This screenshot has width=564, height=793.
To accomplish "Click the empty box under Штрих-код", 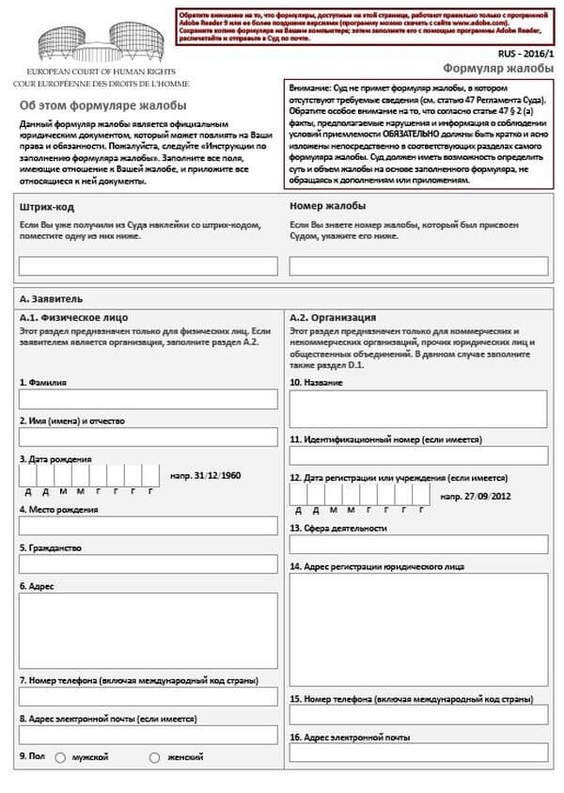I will (x=149, y=266).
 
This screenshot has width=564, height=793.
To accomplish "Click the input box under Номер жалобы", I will (x=418, y=266).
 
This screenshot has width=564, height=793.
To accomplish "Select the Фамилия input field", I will (x=149, y=399).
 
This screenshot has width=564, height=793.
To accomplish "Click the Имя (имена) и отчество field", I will (x=149, y=437).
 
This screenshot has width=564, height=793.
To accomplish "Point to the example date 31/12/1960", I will (x=205, y=476).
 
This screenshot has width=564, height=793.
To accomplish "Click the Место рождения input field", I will (x=149, y=526).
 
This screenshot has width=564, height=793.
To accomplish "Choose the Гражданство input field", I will (x=149, y=564).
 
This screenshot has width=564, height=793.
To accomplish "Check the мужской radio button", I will (x=61, y=757).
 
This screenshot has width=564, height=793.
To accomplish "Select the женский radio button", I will (x=154, y=757).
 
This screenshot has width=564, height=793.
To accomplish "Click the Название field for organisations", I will (x=418, y=409).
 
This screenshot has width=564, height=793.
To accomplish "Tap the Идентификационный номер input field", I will (x=418, y=456).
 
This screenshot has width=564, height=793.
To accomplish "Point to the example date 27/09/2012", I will (x=475, y=495).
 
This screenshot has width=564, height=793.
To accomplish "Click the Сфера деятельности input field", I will (x=418, y=545).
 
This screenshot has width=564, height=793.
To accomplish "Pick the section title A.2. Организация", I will (x=333, y=317).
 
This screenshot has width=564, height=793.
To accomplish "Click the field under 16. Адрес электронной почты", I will (x=418, y=753).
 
